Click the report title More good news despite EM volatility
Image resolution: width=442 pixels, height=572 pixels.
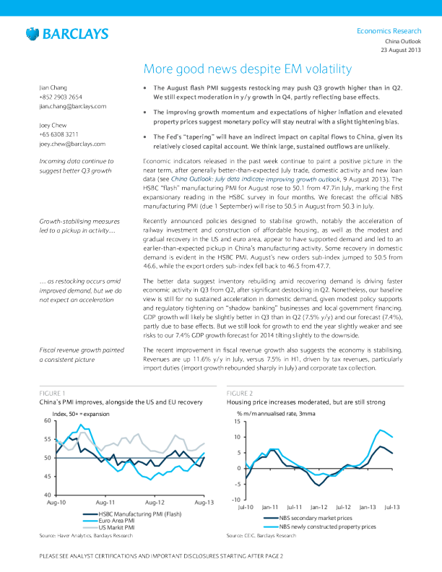click(248, 69)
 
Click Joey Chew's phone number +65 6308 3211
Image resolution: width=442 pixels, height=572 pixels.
click(58, 134)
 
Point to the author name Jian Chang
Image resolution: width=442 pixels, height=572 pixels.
click(55, 87)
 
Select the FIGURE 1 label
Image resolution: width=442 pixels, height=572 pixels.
click(52, 393)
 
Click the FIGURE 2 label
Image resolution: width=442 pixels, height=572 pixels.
click(240, 393)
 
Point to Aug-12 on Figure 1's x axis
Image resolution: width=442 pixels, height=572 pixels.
click(155, 501)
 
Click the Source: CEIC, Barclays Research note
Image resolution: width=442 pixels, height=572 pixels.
click(261, 536)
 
